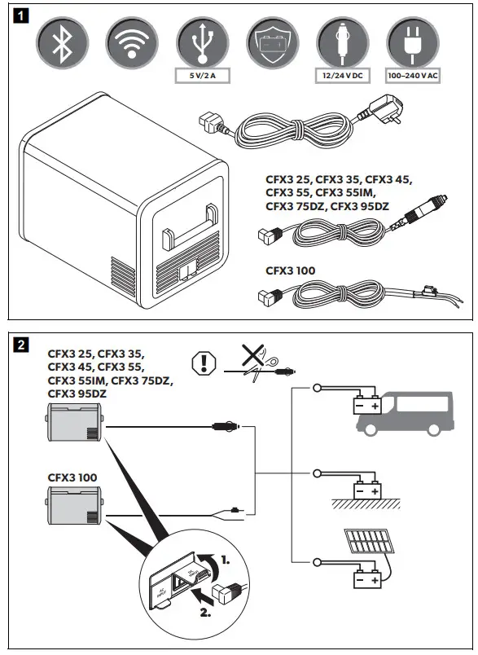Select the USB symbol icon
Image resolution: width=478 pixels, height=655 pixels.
[200, 45]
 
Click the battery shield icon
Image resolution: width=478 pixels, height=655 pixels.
[270, 45]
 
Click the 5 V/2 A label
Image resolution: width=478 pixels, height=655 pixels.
[200, 78]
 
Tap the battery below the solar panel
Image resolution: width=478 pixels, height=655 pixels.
[363, 579]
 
